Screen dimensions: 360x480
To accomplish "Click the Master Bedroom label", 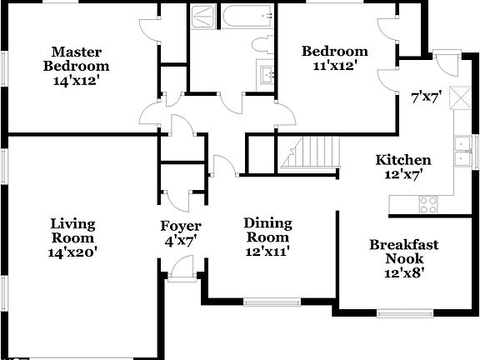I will (x=76, y=66).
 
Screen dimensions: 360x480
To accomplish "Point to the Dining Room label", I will (x=267, y=222).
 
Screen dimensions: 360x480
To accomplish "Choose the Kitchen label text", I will (x=403, y=160).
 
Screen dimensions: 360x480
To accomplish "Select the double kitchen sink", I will (x=460, y=150).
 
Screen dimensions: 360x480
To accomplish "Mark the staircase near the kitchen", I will (x=317, y=152).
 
